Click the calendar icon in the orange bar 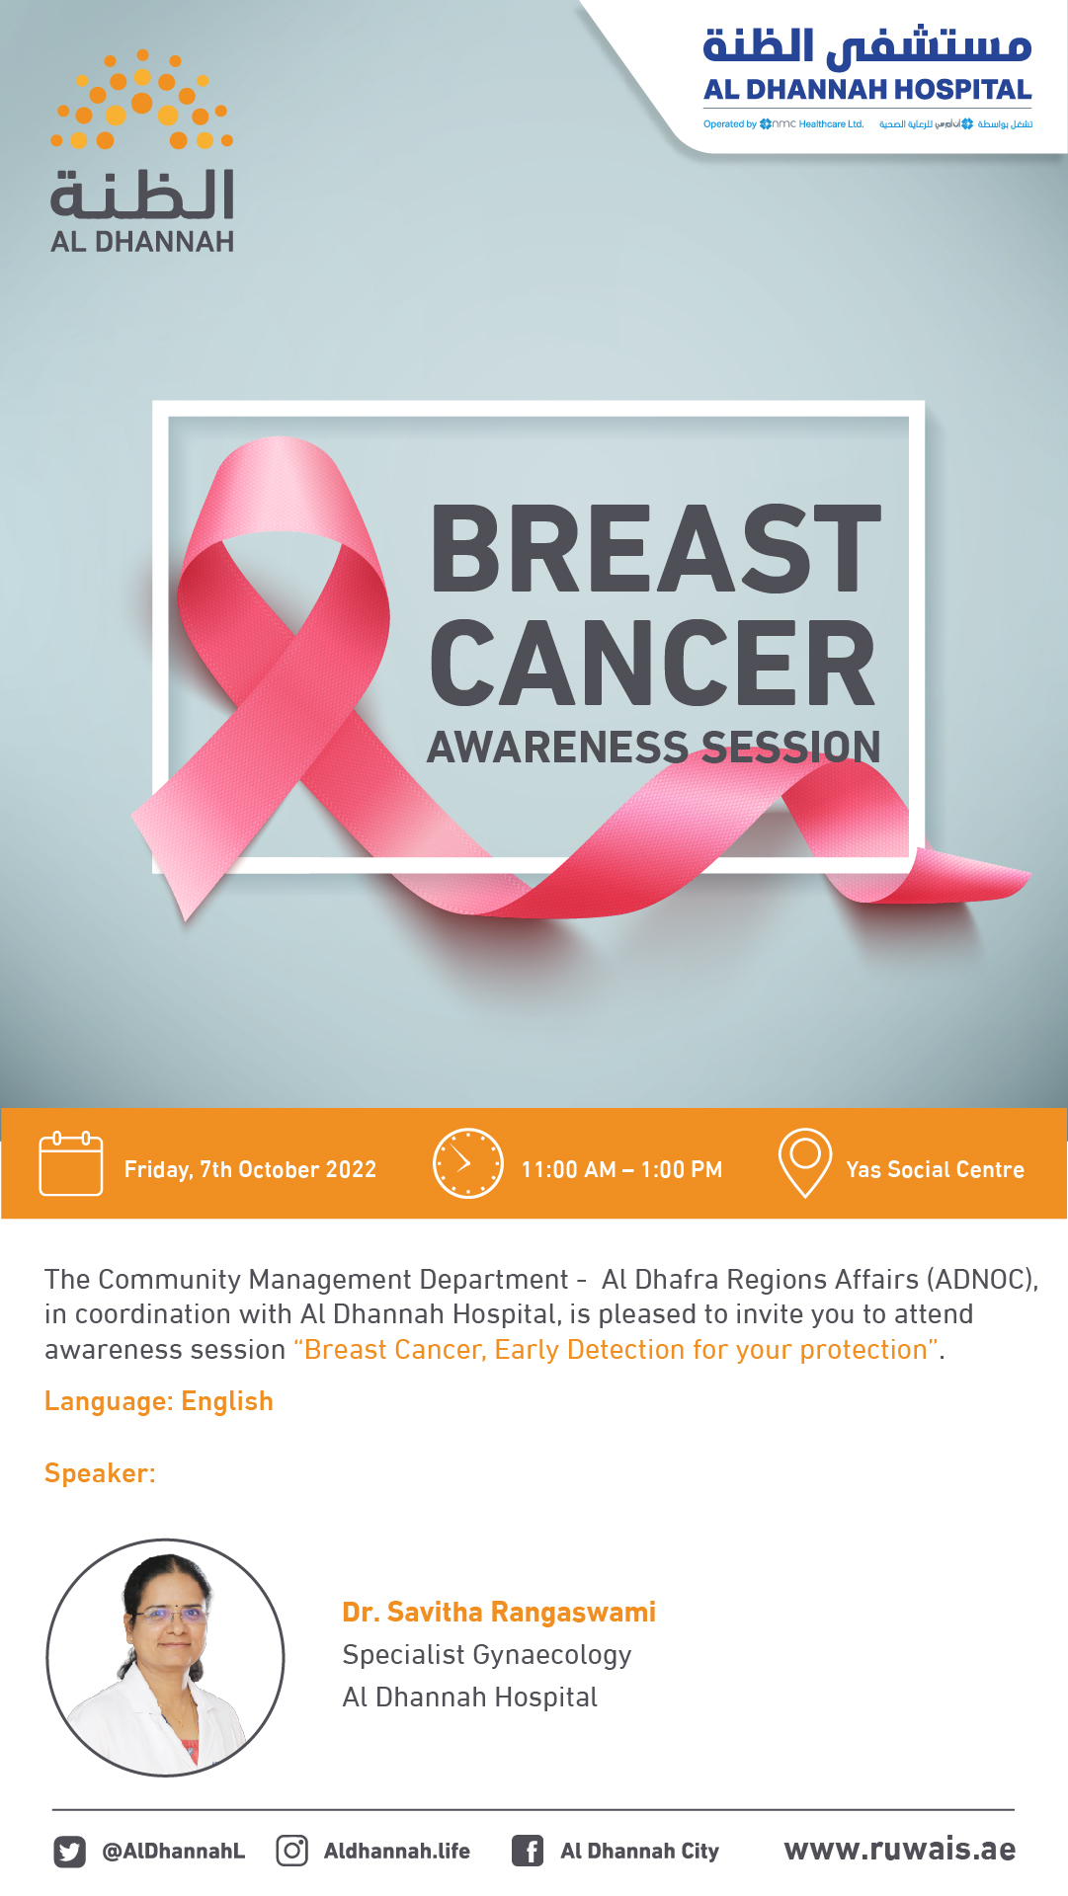pos(70,1164)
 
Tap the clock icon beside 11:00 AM pos(468,1163)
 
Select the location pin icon pos(805,1161)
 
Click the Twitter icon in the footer pos(69,1851)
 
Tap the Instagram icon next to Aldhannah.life pos(291,1850)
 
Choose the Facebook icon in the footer pos(528,1850)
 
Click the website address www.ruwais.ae pos(899,1849)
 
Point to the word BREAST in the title pos(655,549)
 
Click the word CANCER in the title pos(652,664)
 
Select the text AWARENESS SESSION pos(653,748)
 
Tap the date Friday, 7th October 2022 pos(250,1169)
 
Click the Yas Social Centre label pos(935,1169)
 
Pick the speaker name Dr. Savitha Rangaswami pos(499,1612)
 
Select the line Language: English pos(159,1401)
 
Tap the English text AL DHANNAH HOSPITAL pos(867,90)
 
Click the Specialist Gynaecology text pos(486,1655)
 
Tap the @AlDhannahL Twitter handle pos(174,1851)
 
